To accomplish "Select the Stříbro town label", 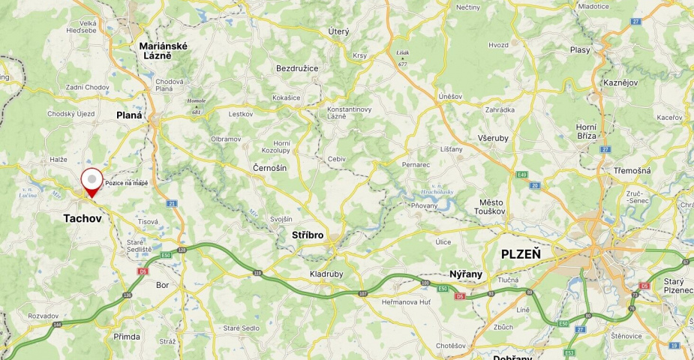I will coord(307,235).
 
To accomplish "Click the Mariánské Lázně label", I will coord(163,51).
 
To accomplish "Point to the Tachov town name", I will coord(83,218).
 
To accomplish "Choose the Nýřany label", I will coord(465,274).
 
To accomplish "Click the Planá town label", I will coord(129,115).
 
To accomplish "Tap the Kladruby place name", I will coord(326,274).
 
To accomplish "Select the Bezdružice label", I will coord(297,68).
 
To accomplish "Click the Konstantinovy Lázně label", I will coord(349,112).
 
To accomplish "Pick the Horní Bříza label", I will coord(586,131).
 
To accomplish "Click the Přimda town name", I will coord(126,337).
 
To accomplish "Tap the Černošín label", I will coord(269,168).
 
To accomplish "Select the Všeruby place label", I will coord(492,138).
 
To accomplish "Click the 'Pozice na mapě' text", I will coord(126,183).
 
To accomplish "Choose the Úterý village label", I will coord(338,31).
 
